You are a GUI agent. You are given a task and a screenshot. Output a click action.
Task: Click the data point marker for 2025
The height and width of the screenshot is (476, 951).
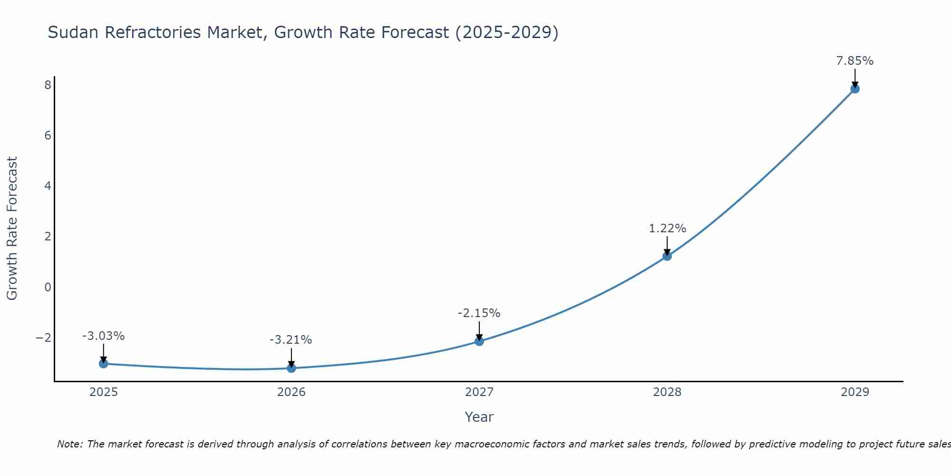[104, 364]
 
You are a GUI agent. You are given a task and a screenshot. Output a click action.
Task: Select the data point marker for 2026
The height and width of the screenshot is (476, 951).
[291, 368]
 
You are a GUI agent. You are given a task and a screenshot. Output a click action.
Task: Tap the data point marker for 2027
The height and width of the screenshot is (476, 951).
[479, 341]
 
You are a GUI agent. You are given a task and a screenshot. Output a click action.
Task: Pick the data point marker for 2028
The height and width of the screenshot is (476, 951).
[667, 256]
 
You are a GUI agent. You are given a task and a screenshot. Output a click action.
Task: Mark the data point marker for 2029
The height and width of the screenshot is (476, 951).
[855, 89]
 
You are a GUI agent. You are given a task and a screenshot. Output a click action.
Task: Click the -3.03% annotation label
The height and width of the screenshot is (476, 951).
[104, 336]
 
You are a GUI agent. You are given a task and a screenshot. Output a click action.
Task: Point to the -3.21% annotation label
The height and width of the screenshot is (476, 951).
[291, 340]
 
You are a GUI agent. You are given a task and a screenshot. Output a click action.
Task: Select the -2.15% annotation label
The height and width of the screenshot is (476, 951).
[479, 313]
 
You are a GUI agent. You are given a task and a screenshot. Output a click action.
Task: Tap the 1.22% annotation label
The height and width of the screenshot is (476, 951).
[668, 228]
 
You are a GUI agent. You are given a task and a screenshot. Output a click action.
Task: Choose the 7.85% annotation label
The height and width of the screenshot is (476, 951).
[855, 61]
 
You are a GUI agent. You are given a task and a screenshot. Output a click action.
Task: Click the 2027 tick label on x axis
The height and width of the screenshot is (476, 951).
[479, 392]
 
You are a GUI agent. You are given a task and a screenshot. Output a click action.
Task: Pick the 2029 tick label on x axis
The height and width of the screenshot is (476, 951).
[855, 392]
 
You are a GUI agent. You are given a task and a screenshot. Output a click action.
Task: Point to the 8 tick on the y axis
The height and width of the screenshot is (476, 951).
[48, 85]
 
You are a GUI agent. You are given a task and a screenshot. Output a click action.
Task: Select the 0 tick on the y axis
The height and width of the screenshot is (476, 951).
[48, 287]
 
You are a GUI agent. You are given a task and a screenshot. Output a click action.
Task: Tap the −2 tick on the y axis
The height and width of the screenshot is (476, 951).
[44, 337]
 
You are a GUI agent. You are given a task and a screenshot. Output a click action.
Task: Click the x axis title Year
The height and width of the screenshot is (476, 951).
[479, 417]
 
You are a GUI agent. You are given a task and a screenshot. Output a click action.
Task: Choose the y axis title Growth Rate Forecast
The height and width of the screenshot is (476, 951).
[12, 228]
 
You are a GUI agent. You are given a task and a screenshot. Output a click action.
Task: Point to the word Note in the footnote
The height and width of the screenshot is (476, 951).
[69, 444]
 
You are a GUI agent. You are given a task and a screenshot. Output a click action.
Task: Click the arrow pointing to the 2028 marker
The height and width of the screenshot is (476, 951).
[667, 245]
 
